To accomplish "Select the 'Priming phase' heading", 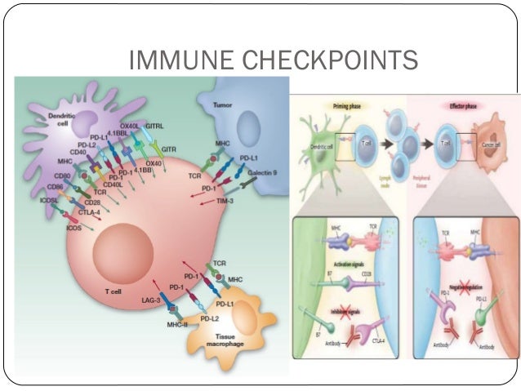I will point(354,105).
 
